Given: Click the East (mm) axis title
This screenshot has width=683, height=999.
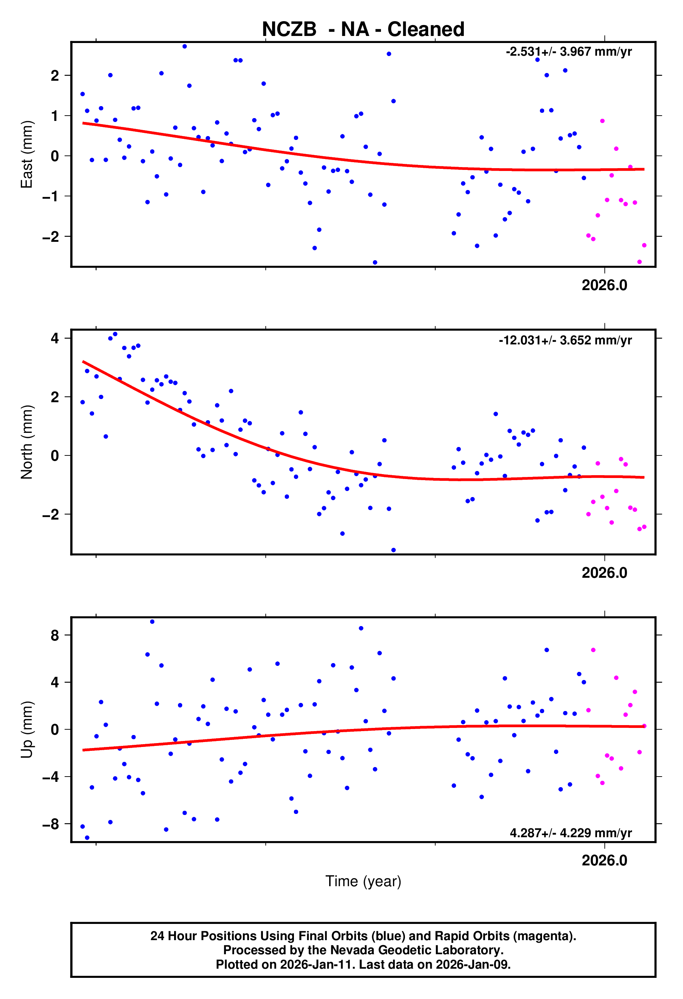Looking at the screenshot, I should (27, 154).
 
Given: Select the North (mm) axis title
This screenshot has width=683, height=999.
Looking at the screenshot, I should (27, 442).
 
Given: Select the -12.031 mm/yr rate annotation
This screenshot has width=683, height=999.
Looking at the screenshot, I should (565, 340).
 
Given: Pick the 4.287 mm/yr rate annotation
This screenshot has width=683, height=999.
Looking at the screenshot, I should (570, 833).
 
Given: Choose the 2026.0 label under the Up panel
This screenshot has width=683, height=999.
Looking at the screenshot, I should (604, 860).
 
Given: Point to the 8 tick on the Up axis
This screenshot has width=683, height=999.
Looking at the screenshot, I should (55, 635).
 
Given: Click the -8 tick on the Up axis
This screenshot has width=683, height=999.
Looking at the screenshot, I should (50, 824).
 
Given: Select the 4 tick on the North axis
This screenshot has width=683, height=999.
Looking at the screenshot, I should (55, 338).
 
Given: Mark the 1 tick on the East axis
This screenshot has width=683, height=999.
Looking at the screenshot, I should (55, 116).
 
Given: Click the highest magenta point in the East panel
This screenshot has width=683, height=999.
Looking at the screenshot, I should (602, 121).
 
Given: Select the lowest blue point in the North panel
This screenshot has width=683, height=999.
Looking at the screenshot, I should (393, 550).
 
